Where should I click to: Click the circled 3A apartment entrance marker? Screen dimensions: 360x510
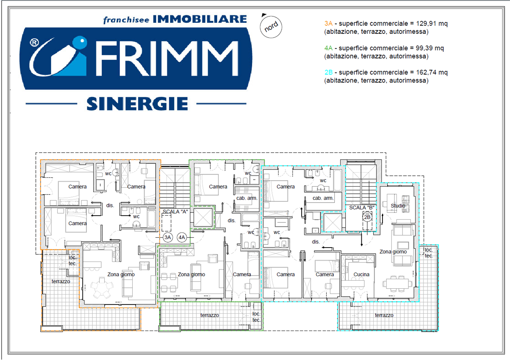click(168, 238)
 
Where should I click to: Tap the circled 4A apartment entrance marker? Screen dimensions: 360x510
click(182, 238)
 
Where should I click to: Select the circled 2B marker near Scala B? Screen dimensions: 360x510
click(367, 217)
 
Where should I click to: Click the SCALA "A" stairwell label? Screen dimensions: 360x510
click(175, 211)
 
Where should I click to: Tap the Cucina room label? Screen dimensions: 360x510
click(361, 274)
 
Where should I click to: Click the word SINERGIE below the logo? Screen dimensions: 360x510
click(137, 103)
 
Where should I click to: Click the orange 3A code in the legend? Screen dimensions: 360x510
click(328, 24)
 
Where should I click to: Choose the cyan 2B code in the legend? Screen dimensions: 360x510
click(328, 73)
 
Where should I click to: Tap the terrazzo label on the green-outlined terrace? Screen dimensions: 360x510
click(210, 315)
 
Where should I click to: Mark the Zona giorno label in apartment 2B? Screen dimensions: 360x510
click(393, 252)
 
